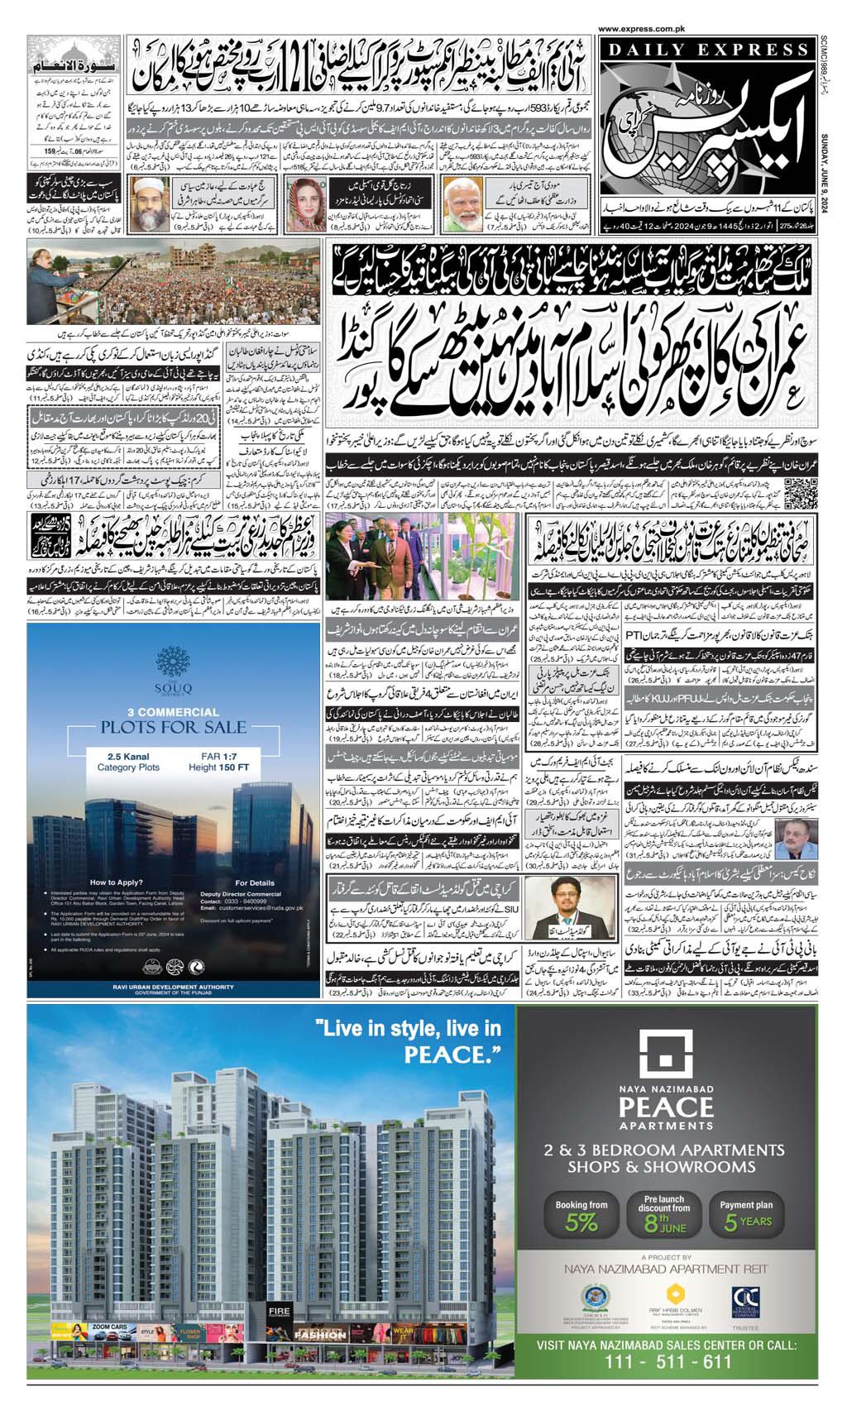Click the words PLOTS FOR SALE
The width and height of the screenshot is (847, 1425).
coord(174,727)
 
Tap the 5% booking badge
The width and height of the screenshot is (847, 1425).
coord(582,1214)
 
